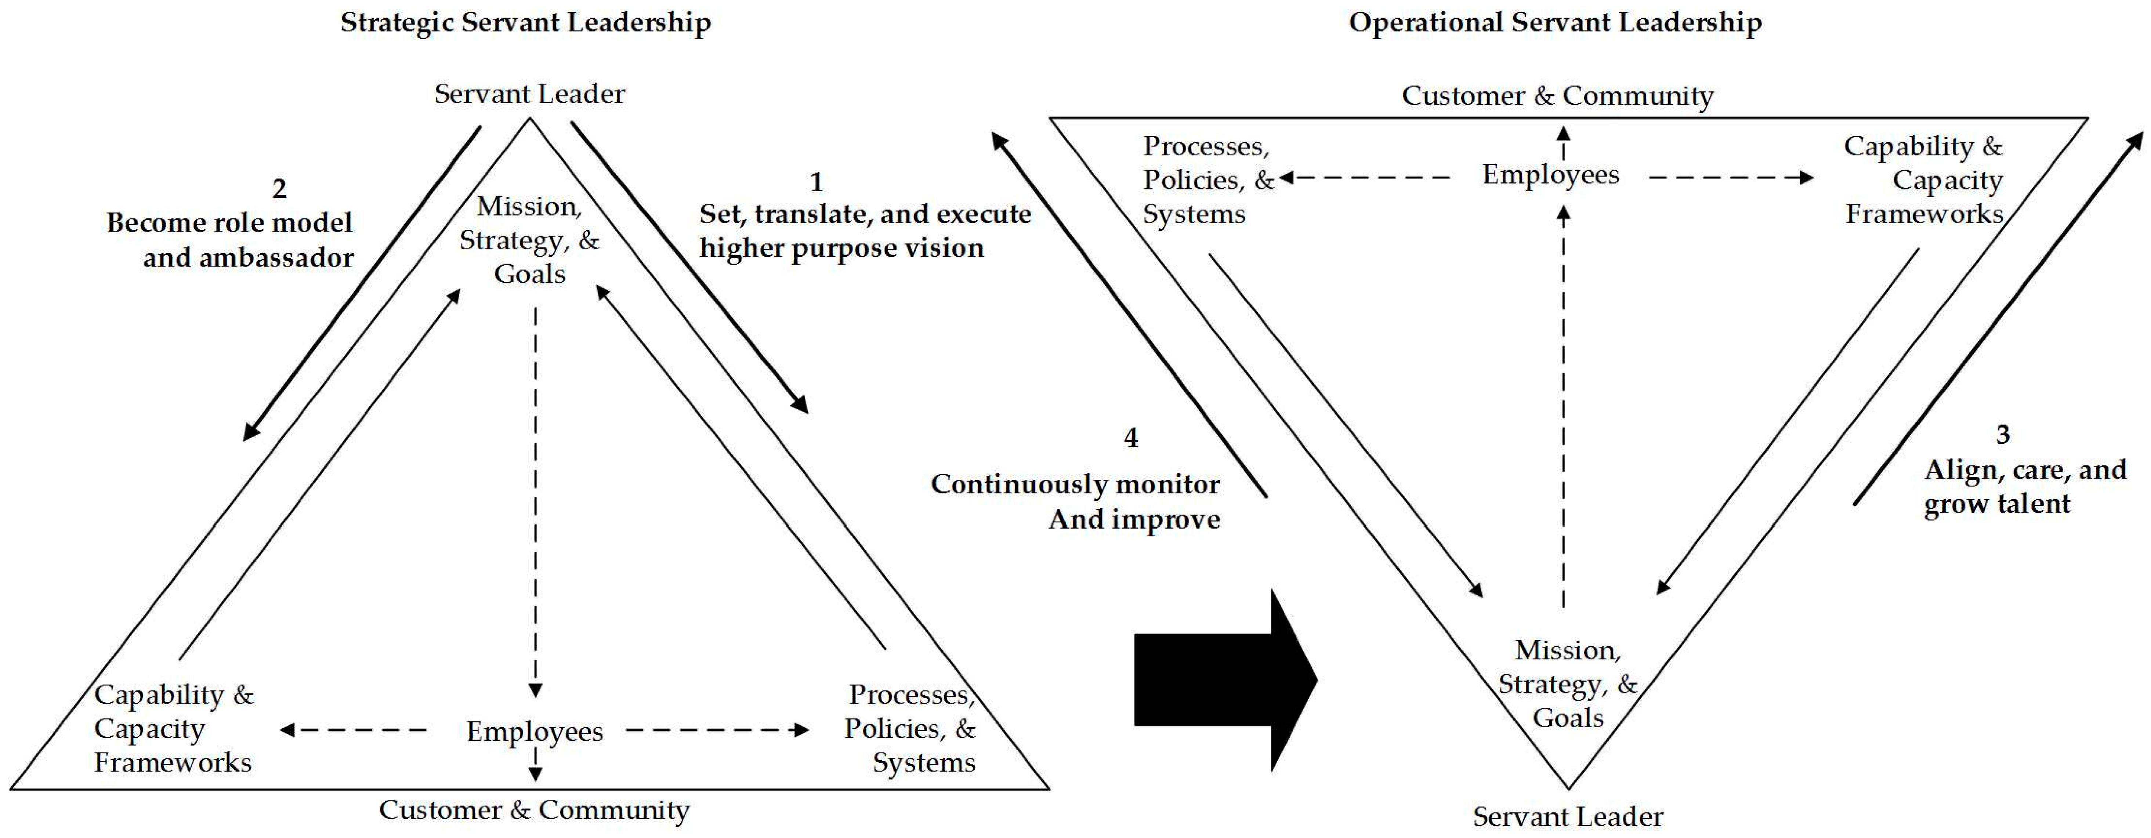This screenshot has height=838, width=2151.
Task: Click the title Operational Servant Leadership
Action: point(1555,22)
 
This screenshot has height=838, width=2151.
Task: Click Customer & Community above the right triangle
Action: point(1557,96)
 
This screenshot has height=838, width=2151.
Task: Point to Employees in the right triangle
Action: point(1551,174)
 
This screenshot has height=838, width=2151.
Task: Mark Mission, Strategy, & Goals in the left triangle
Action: point(529,240)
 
